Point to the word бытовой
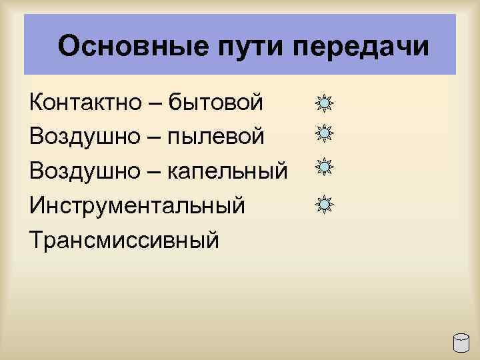click(x=215, y=103)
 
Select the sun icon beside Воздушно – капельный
click(x=324, y=167)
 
